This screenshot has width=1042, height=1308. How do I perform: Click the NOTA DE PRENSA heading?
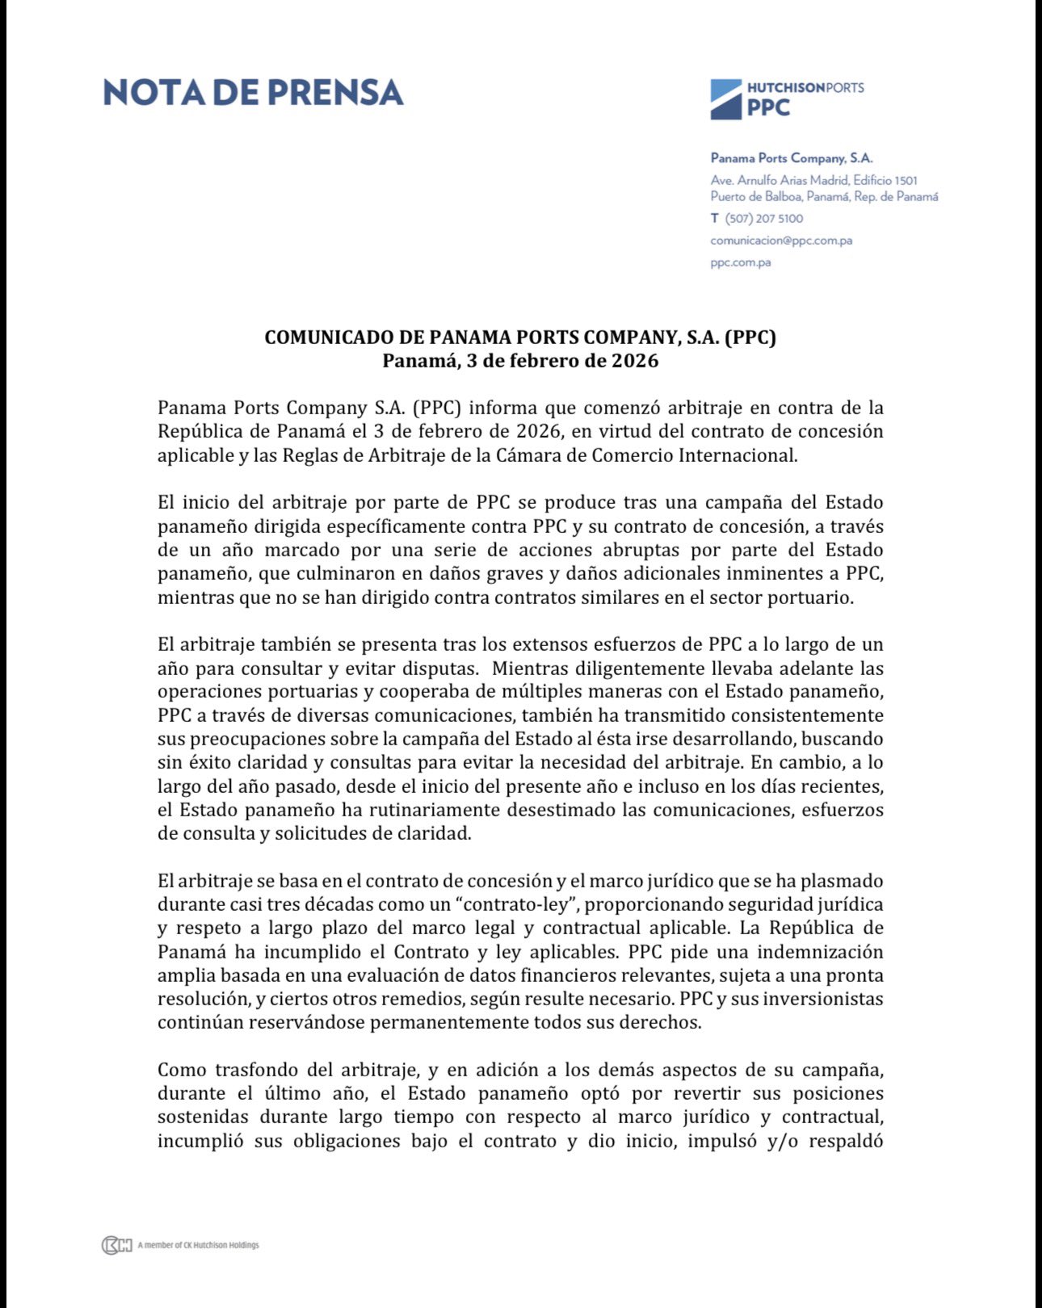click(x=253, y=93)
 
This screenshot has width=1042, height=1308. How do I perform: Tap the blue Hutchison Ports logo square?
click(x=725, y=99)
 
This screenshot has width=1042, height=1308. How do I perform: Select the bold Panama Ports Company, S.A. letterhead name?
click(x=791, y=158)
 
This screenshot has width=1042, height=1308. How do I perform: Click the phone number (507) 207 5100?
click(x=763, y=218)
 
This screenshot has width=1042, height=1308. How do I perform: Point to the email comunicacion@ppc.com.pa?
click(x=781, y=240)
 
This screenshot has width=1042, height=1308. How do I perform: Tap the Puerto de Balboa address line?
click(x=824, y=196)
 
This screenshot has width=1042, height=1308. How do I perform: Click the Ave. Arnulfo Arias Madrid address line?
click(x=813, y=180)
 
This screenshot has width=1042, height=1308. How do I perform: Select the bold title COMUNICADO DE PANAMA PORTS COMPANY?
click(x=520, y=337)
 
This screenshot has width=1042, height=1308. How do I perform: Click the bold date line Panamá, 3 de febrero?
click(x=520, y=360)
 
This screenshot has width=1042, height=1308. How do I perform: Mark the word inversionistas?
click(x=823, y=999)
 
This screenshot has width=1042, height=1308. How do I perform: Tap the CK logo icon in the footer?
click(x=116, y=1245)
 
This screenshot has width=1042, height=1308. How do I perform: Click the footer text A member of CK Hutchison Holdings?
click(x=198, y=1245)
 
